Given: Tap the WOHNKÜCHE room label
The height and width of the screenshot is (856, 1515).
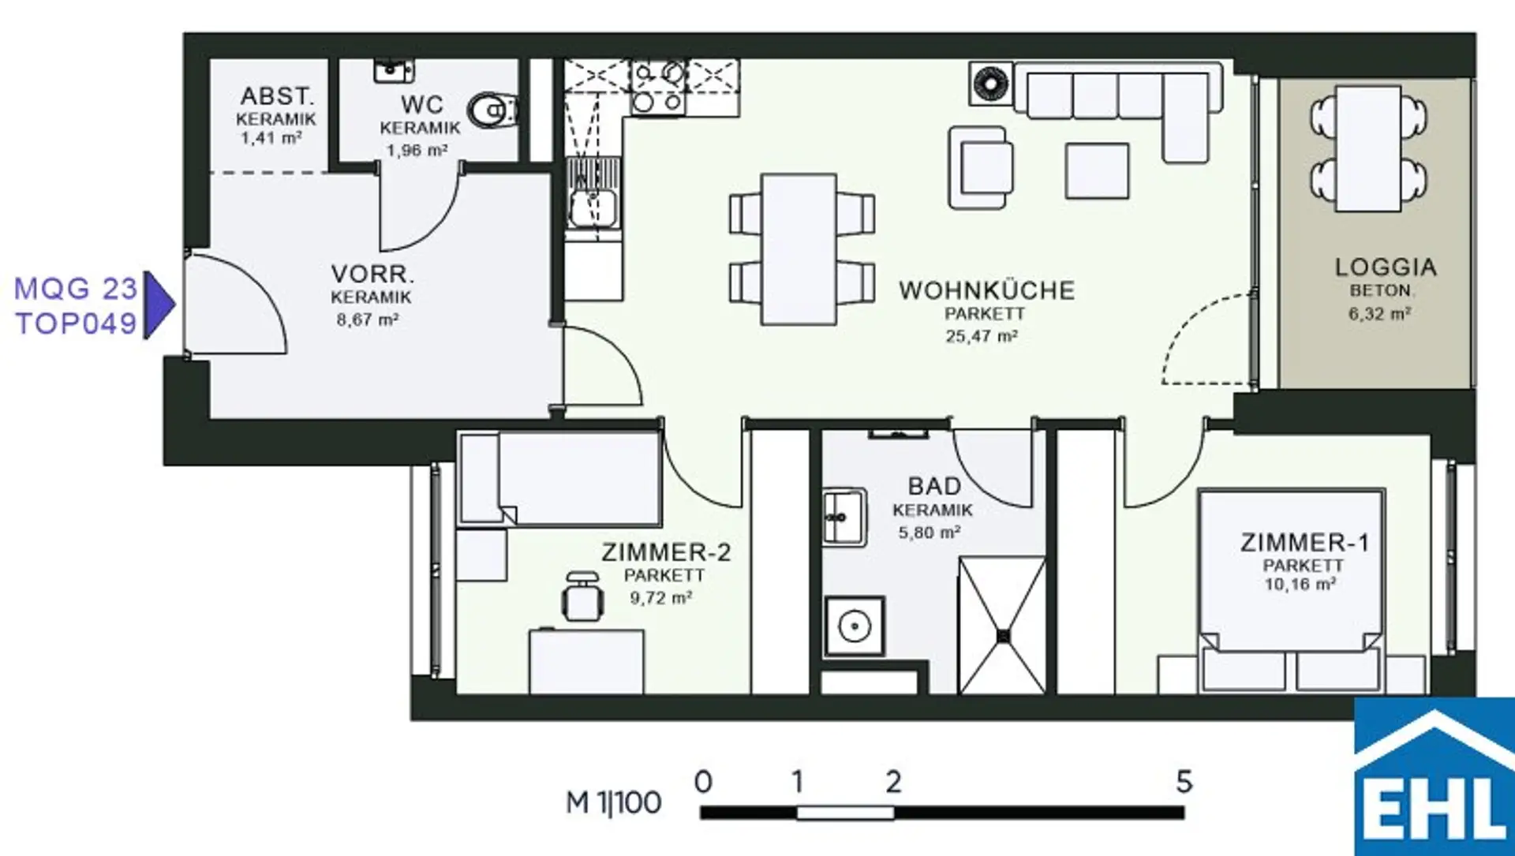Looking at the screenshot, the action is coord(986,290).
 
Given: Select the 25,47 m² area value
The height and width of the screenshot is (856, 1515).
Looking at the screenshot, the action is coord(982,336).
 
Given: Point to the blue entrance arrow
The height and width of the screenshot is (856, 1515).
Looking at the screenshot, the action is coord(159,305).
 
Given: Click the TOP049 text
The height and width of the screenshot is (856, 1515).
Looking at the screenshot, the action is coord(77,323).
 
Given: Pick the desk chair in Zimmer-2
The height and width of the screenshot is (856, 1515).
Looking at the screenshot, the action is coord(582,597).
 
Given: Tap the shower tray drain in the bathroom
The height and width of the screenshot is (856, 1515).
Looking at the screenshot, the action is coord(1003,635).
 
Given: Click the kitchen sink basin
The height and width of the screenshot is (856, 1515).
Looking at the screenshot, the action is coord(593,207).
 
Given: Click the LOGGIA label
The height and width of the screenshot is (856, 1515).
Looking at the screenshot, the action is coord(1386,267).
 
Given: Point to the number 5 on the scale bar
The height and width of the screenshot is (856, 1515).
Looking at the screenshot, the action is coord(1184,782).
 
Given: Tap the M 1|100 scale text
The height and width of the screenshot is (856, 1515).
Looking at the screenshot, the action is coord(614,802).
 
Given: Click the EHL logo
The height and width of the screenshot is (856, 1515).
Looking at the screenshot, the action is coord(1435,777).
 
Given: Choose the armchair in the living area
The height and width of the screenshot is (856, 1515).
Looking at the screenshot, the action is coord(980,167).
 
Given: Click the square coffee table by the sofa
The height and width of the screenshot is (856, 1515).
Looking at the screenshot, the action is coord(1097,170).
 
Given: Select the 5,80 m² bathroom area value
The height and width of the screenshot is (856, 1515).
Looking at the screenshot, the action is coord(930,533).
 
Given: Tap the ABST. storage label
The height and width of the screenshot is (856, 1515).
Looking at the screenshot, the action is coord(277,96).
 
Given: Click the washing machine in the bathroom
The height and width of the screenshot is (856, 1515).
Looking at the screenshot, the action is coord(854,626).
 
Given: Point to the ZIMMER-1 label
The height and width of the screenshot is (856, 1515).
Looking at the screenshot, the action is coord(1304,543).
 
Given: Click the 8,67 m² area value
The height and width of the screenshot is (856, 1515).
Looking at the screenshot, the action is coord(368,320).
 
